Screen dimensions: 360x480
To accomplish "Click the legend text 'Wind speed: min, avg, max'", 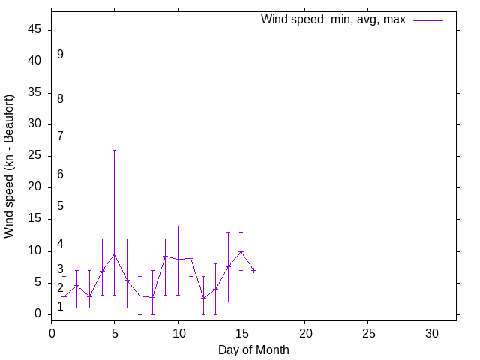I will click(333, 19).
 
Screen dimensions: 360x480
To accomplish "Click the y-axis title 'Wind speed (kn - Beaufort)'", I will click(10, 166).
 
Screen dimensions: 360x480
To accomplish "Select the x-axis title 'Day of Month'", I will click(253, 349).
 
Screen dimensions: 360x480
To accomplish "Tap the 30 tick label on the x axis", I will click(431, 331).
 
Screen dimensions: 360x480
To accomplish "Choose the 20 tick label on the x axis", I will click(304, 331).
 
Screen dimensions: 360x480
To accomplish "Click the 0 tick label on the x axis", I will click(52, 331).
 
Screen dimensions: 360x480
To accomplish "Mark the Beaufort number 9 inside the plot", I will click(60, 55).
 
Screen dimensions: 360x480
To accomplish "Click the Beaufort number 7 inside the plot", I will click(60, 136).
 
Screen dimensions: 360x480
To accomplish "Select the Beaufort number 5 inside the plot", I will click(60, 205).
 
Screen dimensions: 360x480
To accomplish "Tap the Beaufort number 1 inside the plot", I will click(60, 306).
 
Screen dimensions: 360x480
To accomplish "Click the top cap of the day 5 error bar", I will click(115, 150).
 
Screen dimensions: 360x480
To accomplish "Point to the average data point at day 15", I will click(241, 251).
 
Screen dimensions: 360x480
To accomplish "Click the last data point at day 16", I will click(254, 270).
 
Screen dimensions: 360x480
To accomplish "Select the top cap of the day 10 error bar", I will click(178, 226).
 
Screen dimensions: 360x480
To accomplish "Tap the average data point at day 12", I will click(203, 298).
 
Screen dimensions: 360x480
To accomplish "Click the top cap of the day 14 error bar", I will click(229, 232).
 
